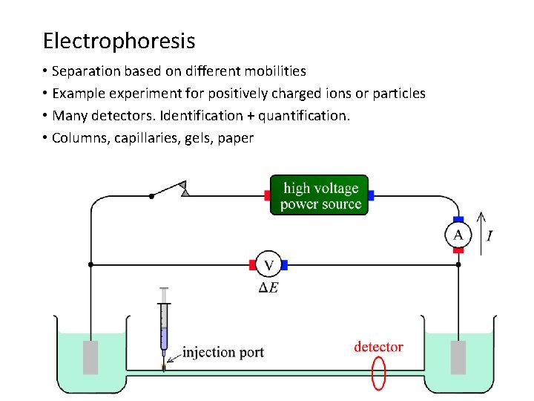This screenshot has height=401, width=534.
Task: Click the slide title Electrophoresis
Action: click(x=119, y=40)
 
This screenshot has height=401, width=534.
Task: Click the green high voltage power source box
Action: click(x=319, y=195)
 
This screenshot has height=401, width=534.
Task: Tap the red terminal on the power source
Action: click(x=267, y=195)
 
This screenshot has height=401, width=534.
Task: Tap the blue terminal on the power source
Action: click(x=371, y=195)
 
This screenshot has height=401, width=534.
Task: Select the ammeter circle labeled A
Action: click(x=458, y=235)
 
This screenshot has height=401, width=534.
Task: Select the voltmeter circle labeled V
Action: click(x=268, y=264)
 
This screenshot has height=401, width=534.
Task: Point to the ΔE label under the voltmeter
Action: click(x=268, y=287)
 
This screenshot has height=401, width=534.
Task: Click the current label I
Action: click(x=489, y=236)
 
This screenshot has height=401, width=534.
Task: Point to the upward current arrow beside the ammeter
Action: click(x=480, y=234)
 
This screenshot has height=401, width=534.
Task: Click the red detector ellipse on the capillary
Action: click(x=379, y=373)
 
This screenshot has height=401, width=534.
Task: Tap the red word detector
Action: click(x=378, y=347)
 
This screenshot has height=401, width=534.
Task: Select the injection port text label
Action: click(x=223, y=352)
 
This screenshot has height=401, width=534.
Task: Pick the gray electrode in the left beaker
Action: click(x=90, y=357)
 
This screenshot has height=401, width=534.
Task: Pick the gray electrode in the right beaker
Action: click(x=458, y=357)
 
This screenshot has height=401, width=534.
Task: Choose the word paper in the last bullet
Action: click(x=236, y=138)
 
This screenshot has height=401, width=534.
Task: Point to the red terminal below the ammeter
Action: click(x=458, y=250)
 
